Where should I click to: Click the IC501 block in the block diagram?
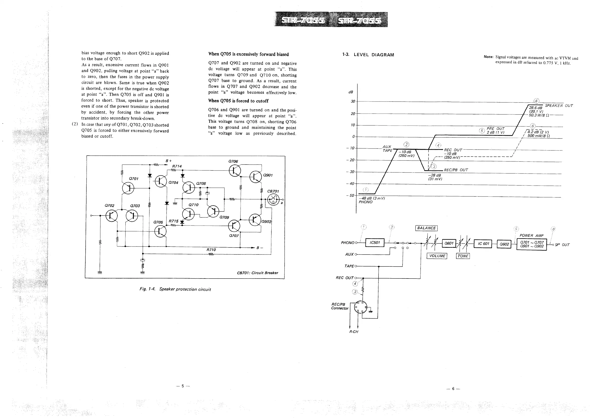point(374,243)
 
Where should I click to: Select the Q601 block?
point(449,243)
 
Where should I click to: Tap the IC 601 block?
point(483,244)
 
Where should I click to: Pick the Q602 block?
point(504,244)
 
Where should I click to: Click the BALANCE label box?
point(426,228)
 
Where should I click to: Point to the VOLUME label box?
point(437,256)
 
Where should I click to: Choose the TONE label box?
point(463,256)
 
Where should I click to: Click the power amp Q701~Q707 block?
point(531,244)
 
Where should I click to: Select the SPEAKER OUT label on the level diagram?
point(559,106)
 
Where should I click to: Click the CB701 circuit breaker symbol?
point(273,200)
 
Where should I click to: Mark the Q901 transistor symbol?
point(255,177)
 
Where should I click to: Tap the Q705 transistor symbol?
point(160,231)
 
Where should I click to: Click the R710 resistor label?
point(211,250)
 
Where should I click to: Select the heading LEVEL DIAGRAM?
point(374,55)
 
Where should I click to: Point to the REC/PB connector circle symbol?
point(360,307)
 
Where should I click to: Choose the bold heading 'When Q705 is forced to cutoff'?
point(238,101)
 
